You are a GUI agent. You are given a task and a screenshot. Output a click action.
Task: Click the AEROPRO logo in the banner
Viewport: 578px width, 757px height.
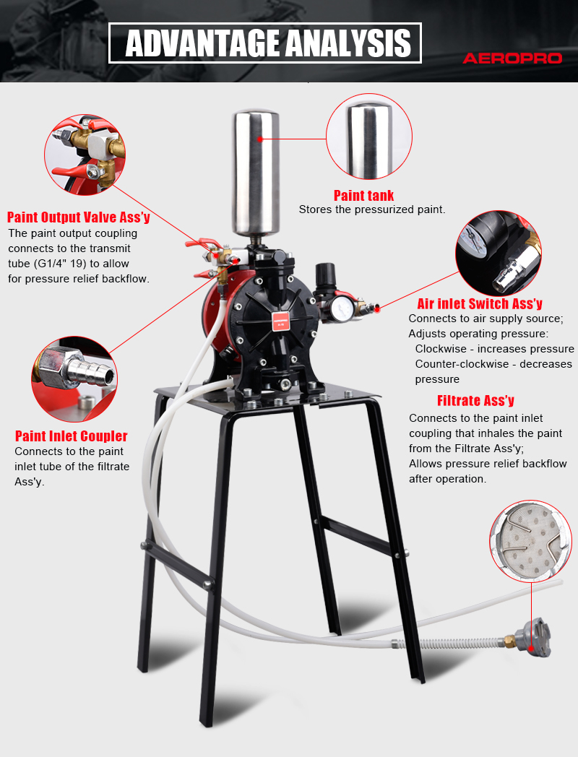(512, 59)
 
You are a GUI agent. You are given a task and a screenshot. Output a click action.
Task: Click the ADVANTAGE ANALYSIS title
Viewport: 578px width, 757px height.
(268, 43)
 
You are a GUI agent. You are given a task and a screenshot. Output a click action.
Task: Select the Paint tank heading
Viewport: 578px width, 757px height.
(363, 196)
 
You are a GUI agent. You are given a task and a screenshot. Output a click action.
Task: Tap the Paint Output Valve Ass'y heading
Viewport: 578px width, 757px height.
(78, 217)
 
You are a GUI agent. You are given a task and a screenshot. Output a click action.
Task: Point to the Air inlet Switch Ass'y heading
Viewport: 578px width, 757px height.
(480, 303)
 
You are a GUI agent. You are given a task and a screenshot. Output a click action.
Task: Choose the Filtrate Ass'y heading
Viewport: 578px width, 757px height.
(475, 401)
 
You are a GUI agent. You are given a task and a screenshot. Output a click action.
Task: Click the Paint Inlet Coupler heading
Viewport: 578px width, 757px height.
(71, 436)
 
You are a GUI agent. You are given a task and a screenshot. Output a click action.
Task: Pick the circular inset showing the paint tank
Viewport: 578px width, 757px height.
(369, 137)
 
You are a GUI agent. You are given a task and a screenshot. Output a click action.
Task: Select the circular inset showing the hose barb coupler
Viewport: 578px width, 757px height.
(74, 379)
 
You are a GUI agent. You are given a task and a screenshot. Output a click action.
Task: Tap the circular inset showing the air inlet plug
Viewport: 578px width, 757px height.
(499, 253)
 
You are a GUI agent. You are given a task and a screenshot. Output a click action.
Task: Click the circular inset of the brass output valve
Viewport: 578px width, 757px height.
(85, 155)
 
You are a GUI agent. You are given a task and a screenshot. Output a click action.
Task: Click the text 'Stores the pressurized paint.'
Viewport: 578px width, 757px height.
(372, 209)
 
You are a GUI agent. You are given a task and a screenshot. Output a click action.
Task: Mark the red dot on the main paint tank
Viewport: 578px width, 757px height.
(260, 139)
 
